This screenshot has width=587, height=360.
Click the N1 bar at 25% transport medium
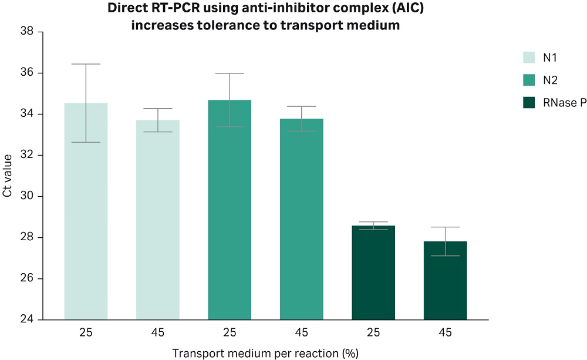point(86,211)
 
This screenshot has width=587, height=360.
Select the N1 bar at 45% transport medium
point(158,220)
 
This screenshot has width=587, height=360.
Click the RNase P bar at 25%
point(373,272)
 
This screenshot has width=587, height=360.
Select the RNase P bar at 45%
point(445,280)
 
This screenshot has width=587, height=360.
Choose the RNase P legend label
point(565,103)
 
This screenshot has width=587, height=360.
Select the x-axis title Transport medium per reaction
point(265,353)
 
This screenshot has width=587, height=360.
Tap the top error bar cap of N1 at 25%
point(86,64)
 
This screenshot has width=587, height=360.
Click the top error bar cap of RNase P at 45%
point(445,227)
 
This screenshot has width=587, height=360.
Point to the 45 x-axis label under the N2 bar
point(302,333)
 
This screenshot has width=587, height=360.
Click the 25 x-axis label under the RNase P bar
point(373,333)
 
